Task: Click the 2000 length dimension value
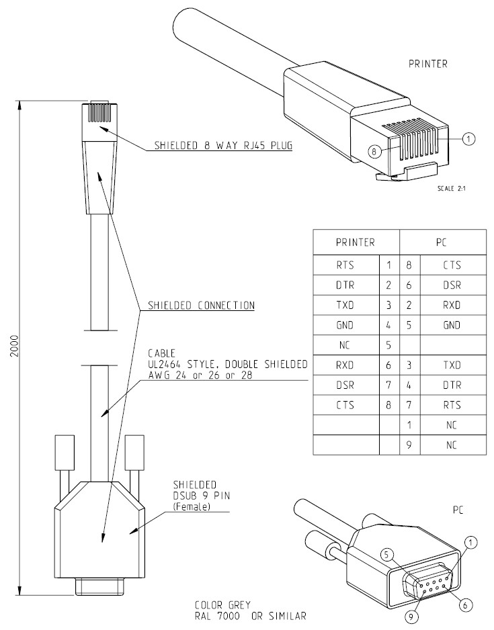tap(15, 347)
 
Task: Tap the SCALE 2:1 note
tap(451, 188)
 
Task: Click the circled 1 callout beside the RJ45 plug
tap(469, 138)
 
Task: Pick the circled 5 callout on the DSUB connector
tap(386, 555)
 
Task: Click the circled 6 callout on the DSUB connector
tap(464, 603)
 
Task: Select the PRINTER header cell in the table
tap(356, 241)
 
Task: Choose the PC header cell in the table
tap(442, 241)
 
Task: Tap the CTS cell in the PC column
tap(452, 265)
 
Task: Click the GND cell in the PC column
tap(452, 325)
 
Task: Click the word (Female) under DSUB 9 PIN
tap(192, 507)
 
